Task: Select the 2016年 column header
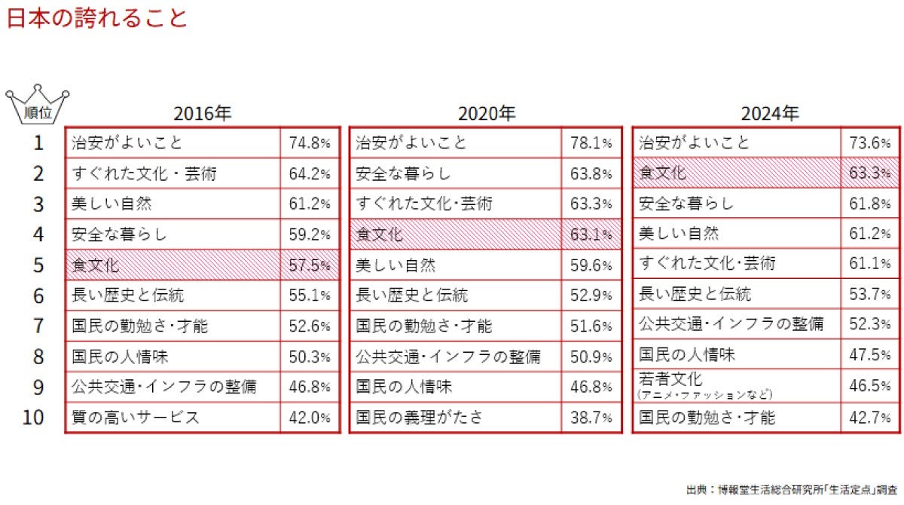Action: pos(203,114)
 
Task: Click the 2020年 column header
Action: pos(487,114)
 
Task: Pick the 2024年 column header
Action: pos(769,114)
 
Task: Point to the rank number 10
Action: pos(33,417)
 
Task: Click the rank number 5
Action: pos(38,265)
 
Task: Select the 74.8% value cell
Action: pos(310,142)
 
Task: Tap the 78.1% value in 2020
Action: pos(591,142)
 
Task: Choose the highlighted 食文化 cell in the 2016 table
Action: pos(172,265)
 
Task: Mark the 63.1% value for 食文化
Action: pos(591,234)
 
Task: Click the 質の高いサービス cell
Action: pos(172,417)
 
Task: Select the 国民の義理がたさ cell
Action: pos(455,417)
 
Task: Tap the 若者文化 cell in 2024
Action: pos(736,384)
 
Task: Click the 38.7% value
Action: pos(591,417)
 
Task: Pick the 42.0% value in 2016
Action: pos(310,417)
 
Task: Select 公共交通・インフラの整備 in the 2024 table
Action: pos(736,324)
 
